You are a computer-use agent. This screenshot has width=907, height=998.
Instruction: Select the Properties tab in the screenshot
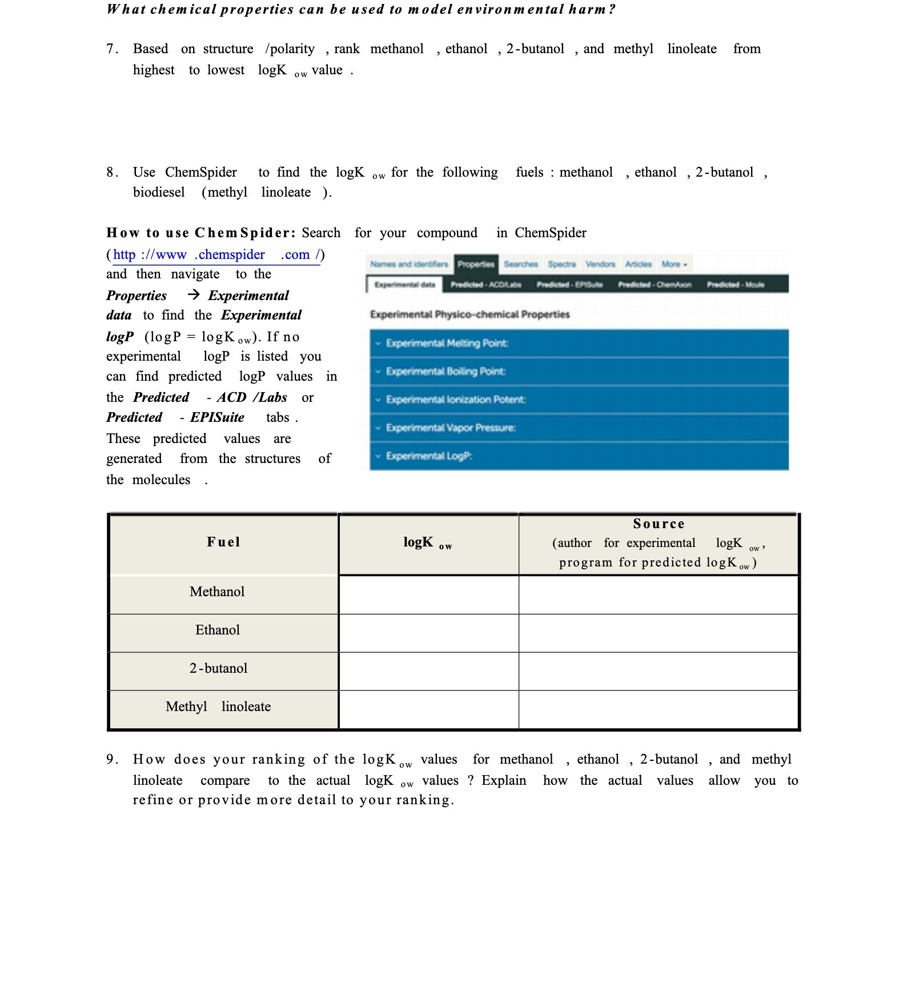476,264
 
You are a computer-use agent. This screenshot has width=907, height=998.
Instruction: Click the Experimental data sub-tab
404,284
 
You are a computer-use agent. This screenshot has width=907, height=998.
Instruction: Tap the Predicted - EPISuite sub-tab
569,284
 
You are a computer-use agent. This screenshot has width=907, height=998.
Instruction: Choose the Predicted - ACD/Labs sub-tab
485,284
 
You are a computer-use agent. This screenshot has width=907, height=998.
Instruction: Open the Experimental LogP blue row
579,456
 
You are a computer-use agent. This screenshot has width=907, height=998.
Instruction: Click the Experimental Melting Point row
579,343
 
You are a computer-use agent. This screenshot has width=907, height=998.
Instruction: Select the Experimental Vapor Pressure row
579,428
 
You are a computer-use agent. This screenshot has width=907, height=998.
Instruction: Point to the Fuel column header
223,542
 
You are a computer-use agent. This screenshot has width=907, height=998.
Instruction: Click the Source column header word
658,524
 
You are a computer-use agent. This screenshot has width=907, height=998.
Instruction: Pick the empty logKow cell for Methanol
428,594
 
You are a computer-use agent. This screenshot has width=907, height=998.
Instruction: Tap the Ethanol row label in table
218,630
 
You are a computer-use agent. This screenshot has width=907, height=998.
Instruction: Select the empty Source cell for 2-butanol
658,671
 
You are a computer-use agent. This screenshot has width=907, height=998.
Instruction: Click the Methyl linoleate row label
218,706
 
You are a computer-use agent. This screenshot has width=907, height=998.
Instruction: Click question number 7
112,49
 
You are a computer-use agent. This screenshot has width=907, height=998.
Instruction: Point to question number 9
112,760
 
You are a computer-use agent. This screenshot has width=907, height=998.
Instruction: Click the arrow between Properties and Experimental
194,295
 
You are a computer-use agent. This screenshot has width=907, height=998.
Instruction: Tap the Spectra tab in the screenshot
561,264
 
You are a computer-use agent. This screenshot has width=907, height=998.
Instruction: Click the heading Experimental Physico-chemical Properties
469,314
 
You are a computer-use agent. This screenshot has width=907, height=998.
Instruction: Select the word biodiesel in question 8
159,193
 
